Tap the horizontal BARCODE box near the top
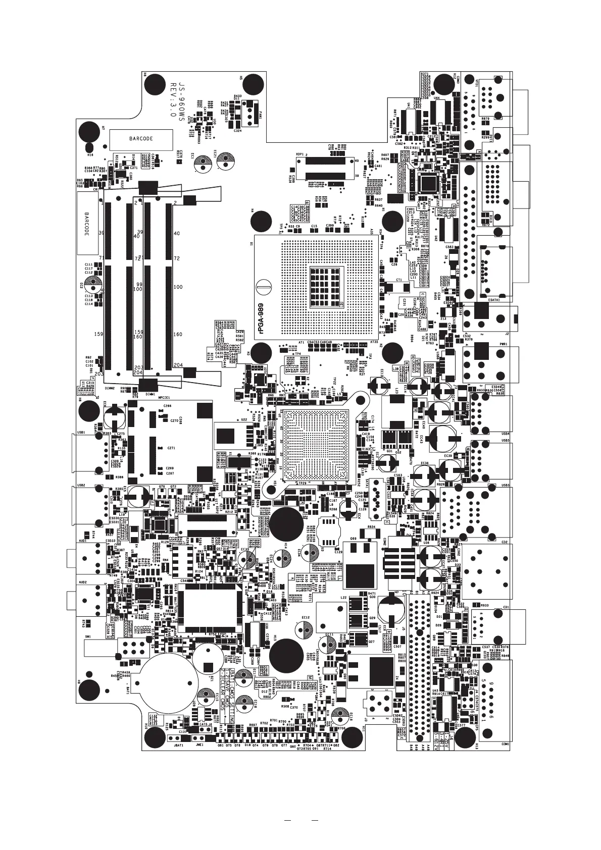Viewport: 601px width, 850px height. pos(141,138)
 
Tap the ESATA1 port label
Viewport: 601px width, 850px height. pos(494,300)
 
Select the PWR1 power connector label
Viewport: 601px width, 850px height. pos(503,344)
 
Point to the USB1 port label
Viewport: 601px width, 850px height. pos(81,433)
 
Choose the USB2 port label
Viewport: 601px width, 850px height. pos(81,485)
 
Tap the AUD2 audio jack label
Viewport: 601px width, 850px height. pos(83,582)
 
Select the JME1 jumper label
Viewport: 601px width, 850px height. pos(199,745)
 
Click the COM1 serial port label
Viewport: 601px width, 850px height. pos(506,744)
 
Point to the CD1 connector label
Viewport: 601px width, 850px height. pos(506,607)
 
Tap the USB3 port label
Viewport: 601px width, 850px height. pos(506,486)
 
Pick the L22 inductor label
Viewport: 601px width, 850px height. pos(343,597)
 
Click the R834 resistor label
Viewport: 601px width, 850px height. pos(371,527)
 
